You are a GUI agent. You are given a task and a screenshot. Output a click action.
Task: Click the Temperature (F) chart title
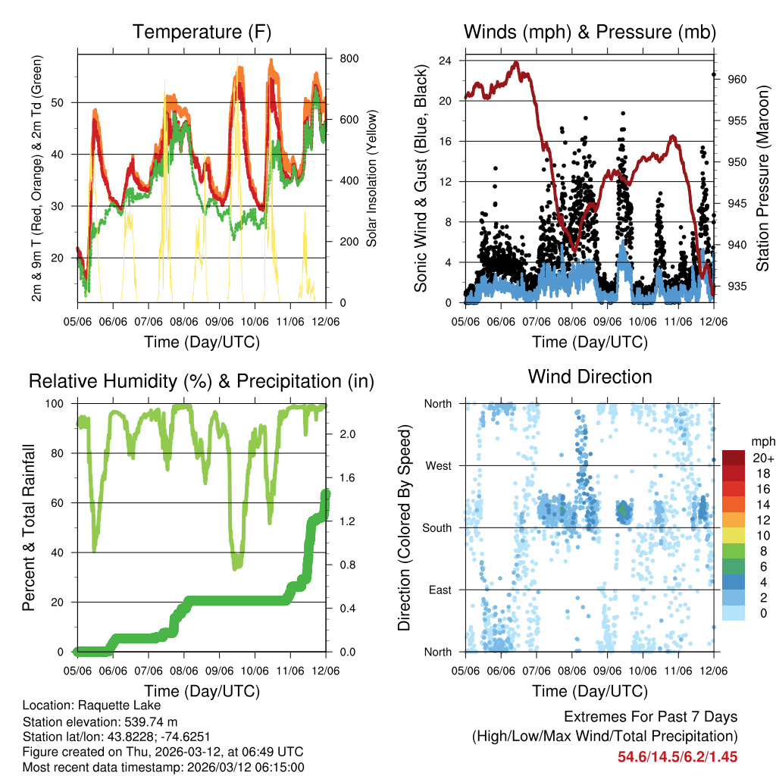click(x=202, y=33)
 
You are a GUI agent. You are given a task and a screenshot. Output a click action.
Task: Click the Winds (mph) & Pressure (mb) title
click(x=590, y=33)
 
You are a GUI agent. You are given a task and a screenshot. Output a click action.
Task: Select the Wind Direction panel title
click(x=590, y=377)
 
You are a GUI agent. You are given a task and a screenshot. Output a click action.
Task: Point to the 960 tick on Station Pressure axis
click(x=738, y=80)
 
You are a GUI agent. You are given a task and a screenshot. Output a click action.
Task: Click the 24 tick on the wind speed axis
click(x=445, y=61)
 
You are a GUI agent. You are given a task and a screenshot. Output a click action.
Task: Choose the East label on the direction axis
click(x=439, y=590)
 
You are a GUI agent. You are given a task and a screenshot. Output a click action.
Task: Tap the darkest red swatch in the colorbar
click(x=733, y=458)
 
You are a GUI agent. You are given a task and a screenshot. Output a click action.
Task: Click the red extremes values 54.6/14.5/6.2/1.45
click(x=677, y=756)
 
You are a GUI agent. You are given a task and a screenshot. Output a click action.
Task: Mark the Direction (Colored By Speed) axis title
click(x=404, y=527)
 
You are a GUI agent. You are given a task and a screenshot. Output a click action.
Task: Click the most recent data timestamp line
click(x=164, y=767)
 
